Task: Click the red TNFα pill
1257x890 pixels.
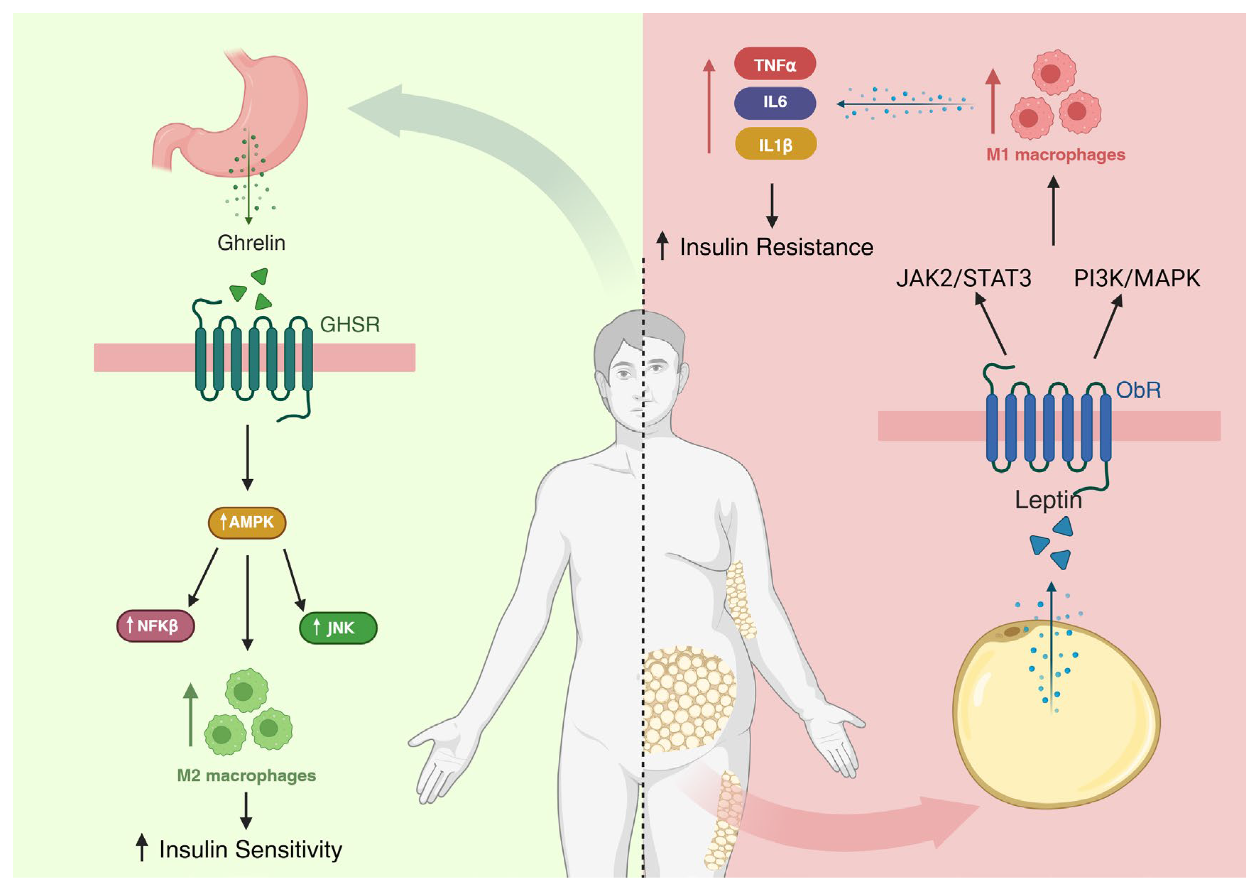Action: (x=774, y=64)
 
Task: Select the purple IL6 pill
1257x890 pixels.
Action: (x=774, y=102)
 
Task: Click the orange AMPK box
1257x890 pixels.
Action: (x=247, y=522)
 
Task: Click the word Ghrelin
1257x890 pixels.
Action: (x=251, y=243)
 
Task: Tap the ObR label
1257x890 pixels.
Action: (x=1138, y=390)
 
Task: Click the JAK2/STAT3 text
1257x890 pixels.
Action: (x=963, y=279)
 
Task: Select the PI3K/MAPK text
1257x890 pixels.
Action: (x=1137, y=279)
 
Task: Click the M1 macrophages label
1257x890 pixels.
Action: (x=1056, y=155)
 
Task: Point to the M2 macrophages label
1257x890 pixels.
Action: (x=246, y=776)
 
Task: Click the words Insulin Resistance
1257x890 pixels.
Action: (x=776, y=247)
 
